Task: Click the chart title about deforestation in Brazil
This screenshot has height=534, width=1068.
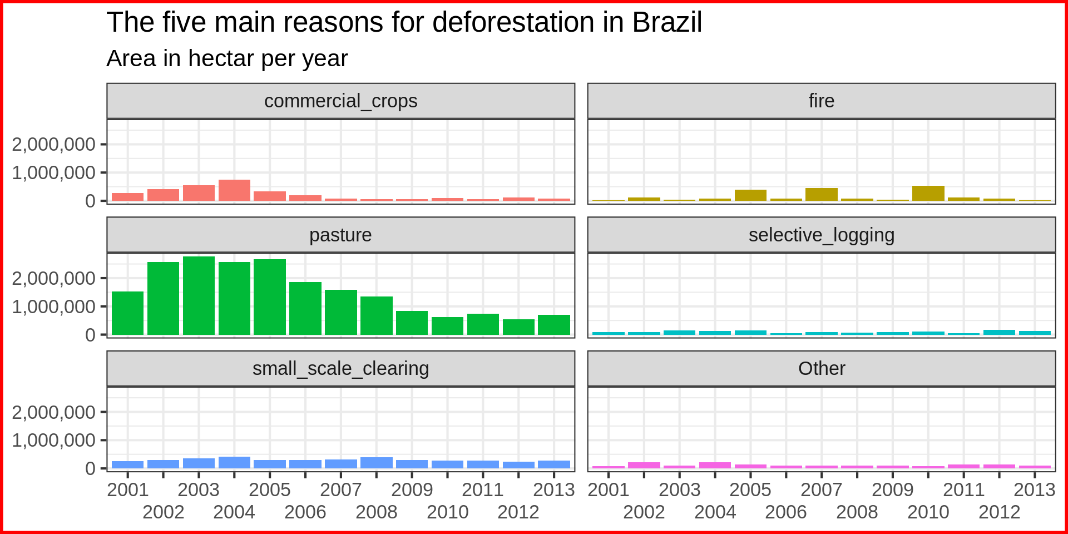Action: point(404,23)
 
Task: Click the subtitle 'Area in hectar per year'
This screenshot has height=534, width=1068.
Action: point(227,58)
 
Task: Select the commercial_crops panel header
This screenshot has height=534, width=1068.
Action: point(340,101)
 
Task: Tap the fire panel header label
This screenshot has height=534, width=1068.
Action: point(821,101)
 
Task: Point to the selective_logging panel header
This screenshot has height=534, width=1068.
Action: point(821,235)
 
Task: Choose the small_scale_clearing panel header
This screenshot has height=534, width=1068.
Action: point(340,369)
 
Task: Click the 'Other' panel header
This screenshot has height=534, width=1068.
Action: point(821,369)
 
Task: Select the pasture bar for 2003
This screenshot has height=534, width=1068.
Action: point(199,296)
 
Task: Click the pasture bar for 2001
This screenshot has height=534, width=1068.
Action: point(127,313)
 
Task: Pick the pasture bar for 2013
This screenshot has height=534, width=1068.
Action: point(554,325)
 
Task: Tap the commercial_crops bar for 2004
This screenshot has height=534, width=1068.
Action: point(234,190)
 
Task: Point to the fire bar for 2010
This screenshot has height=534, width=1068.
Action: point(928,193)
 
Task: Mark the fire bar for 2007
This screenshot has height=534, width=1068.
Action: point(821,194)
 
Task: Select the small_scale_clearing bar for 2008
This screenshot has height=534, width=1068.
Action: point(377,463)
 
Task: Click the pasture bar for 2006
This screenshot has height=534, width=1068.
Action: point(305,308)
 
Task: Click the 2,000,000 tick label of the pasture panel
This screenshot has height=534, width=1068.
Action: point(53,278)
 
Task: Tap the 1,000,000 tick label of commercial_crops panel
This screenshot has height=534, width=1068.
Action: point(53,173)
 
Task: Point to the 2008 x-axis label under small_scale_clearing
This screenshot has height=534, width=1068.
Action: point(377,512)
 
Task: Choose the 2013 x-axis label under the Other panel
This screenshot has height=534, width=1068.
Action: point(1034,489)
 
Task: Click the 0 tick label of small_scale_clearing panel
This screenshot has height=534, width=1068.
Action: point(90,468)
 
